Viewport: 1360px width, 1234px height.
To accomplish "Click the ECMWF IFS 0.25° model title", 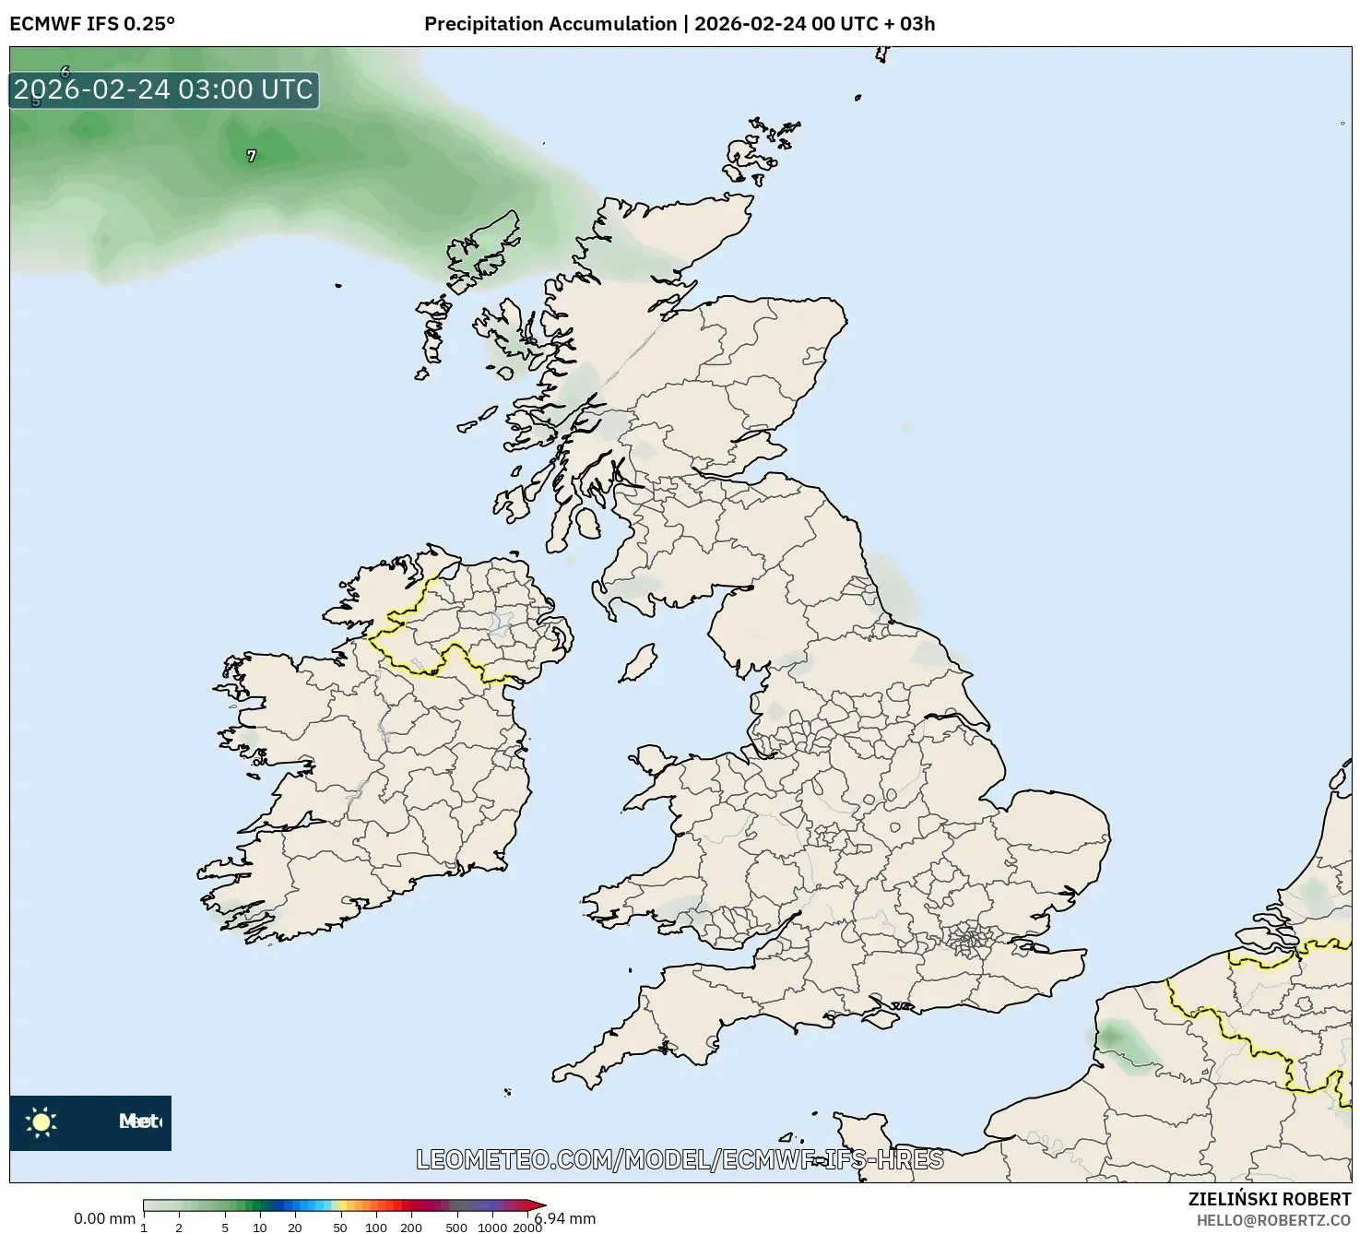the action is [x=92, y=24].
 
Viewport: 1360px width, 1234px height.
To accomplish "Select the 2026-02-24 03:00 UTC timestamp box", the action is [x=164, y=89].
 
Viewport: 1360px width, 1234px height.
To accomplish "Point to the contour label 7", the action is [x=252, y=157].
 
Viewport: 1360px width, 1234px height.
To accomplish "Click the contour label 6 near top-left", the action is [x=65, y=71].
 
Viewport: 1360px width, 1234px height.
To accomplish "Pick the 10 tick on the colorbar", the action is [x=260, y=1227].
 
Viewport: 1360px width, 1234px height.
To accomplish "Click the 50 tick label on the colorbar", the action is [x=340, y=1227].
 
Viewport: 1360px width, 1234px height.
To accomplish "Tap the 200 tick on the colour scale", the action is [x=411, y=1227].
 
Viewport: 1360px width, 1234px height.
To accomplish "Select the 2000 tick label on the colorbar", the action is [x=527, y=1227].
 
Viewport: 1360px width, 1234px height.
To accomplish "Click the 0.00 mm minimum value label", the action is [x=104, y=1218].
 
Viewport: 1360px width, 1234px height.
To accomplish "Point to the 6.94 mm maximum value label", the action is [x=565, y=1218].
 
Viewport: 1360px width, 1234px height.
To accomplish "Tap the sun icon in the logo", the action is [x=41, y=1121].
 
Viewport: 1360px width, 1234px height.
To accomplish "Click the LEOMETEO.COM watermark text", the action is [x=680, y=1159].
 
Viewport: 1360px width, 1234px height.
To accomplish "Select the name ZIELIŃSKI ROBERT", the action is [x=1269, y=1199].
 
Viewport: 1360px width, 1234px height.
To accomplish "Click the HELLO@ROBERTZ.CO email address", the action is [x=1273, y=1220].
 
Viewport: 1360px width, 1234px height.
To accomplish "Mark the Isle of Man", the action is [x=638, y=662].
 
